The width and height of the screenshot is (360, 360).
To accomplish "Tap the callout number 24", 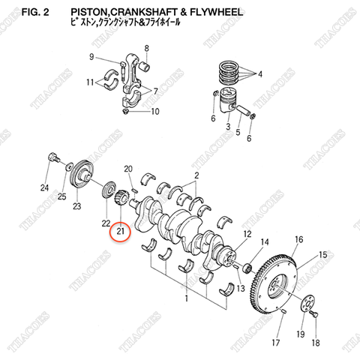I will pyautogui.click(x=45, y=187).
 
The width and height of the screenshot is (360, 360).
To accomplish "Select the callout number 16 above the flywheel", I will pyautogui.click(x=298, y=239).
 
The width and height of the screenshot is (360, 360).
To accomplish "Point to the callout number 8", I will pyautogui.click(x=146, y=49).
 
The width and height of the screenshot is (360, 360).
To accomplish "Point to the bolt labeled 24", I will pyautogui.click(x=54, y=158).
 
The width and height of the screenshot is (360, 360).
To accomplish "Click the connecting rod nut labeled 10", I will pyautogui.click(x=126, y=111).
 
